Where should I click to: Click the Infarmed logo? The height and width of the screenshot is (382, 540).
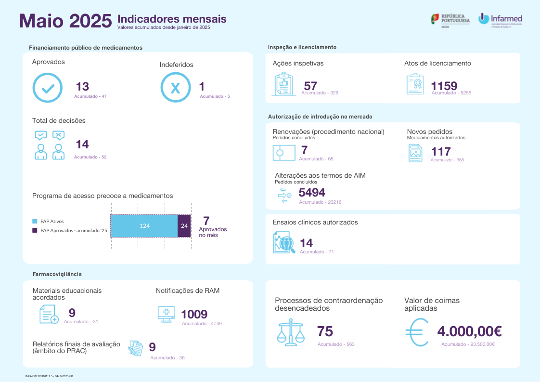coord(500,20)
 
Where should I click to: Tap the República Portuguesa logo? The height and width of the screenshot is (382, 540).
coord(450,20)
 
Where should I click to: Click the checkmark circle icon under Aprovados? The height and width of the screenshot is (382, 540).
coord(47,88)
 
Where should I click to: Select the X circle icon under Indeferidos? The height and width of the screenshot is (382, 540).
coord(175,88)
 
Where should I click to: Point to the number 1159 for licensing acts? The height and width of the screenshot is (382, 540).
coord(444,86)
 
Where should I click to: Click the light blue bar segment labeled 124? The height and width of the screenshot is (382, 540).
coord(144,225)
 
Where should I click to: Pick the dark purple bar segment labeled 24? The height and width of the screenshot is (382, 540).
coord(184,225)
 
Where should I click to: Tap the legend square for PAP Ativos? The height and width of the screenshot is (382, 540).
coord(35,221)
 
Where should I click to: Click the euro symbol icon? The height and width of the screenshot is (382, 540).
coord(417,333)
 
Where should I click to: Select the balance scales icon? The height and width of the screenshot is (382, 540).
coord(291,332)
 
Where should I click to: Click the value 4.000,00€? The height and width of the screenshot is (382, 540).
coord(470,331)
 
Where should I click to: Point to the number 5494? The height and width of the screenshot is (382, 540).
coord(312,193)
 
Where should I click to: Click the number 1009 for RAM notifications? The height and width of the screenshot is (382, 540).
coord(194,315)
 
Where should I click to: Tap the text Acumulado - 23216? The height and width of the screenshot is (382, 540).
coord(320,202)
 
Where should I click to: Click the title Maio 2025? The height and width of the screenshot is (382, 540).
coord(65,21)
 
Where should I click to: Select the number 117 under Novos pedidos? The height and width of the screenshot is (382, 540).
coord(440,152)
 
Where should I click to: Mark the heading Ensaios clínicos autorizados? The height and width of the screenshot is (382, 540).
coord(315,222)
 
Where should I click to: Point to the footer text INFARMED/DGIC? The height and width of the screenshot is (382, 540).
coord(49,375)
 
